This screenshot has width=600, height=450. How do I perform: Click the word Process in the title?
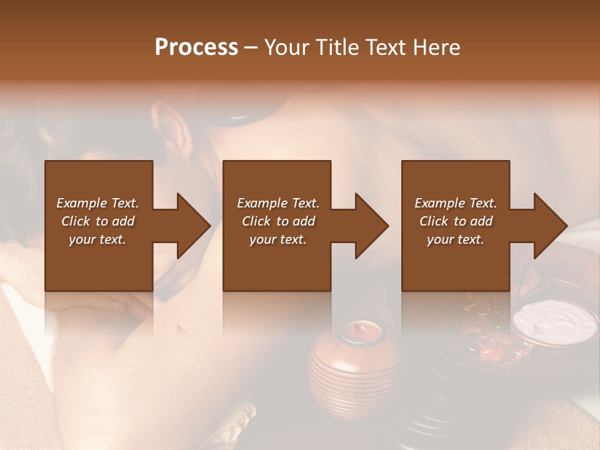point(196,47)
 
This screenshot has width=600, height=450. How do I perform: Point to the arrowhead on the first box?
point(193,226)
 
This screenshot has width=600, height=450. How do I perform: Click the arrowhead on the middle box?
point(371,226)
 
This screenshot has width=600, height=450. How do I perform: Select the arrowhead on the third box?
point(550,226)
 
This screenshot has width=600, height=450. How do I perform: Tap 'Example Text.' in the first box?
point(97,203)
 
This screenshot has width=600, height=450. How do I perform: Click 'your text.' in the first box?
point(97,239)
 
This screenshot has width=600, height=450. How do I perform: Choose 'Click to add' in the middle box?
point(278,221)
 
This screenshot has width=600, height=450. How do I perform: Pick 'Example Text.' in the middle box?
point(278,203)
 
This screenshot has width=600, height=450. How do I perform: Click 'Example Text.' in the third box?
point(456,203)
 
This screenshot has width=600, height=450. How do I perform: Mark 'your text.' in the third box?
point(456,239)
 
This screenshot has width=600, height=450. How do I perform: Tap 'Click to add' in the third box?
point(456,221)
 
